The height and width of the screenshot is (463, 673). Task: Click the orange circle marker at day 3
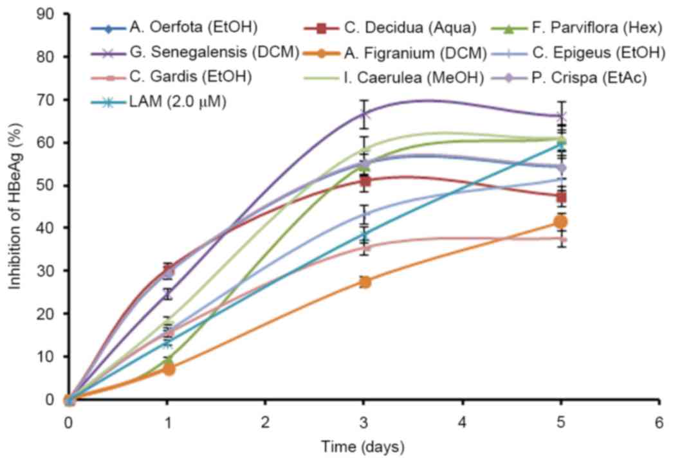tap(364, 282)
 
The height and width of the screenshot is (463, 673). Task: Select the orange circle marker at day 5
tap(560, 222)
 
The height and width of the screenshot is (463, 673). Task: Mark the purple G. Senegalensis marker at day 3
tap(364, 114)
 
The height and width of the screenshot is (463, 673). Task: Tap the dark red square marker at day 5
tap(560, 197)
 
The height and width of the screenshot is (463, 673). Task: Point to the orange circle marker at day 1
tap(168, 369)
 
